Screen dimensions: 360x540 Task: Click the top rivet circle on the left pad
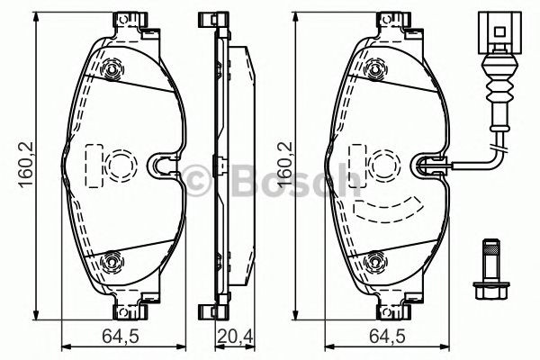[112, 71]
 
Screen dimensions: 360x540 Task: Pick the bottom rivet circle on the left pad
[112, 262]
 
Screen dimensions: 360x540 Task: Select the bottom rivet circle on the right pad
[377, 262]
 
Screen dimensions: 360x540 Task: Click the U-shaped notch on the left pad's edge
[162, 165]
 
